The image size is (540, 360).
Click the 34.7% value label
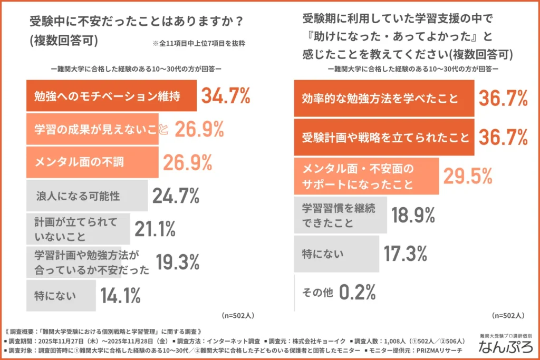point(225,96)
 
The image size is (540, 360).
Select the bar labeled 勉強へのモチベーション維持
point(111,96)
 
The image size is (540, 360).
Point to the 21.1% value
point(155,229)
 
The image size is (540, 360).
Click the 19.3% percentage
point(177,261)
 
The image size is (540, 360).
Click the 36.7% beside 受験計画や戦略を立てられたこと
point(503,137)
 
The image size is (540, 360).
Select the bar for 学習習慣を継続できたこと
point(341,215)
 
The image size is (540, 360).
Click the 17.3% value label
point(406,254)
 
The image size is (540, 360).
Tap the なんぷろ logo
point(505,347)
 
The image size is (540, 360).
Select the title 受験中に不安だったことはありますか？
point(137,22)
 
